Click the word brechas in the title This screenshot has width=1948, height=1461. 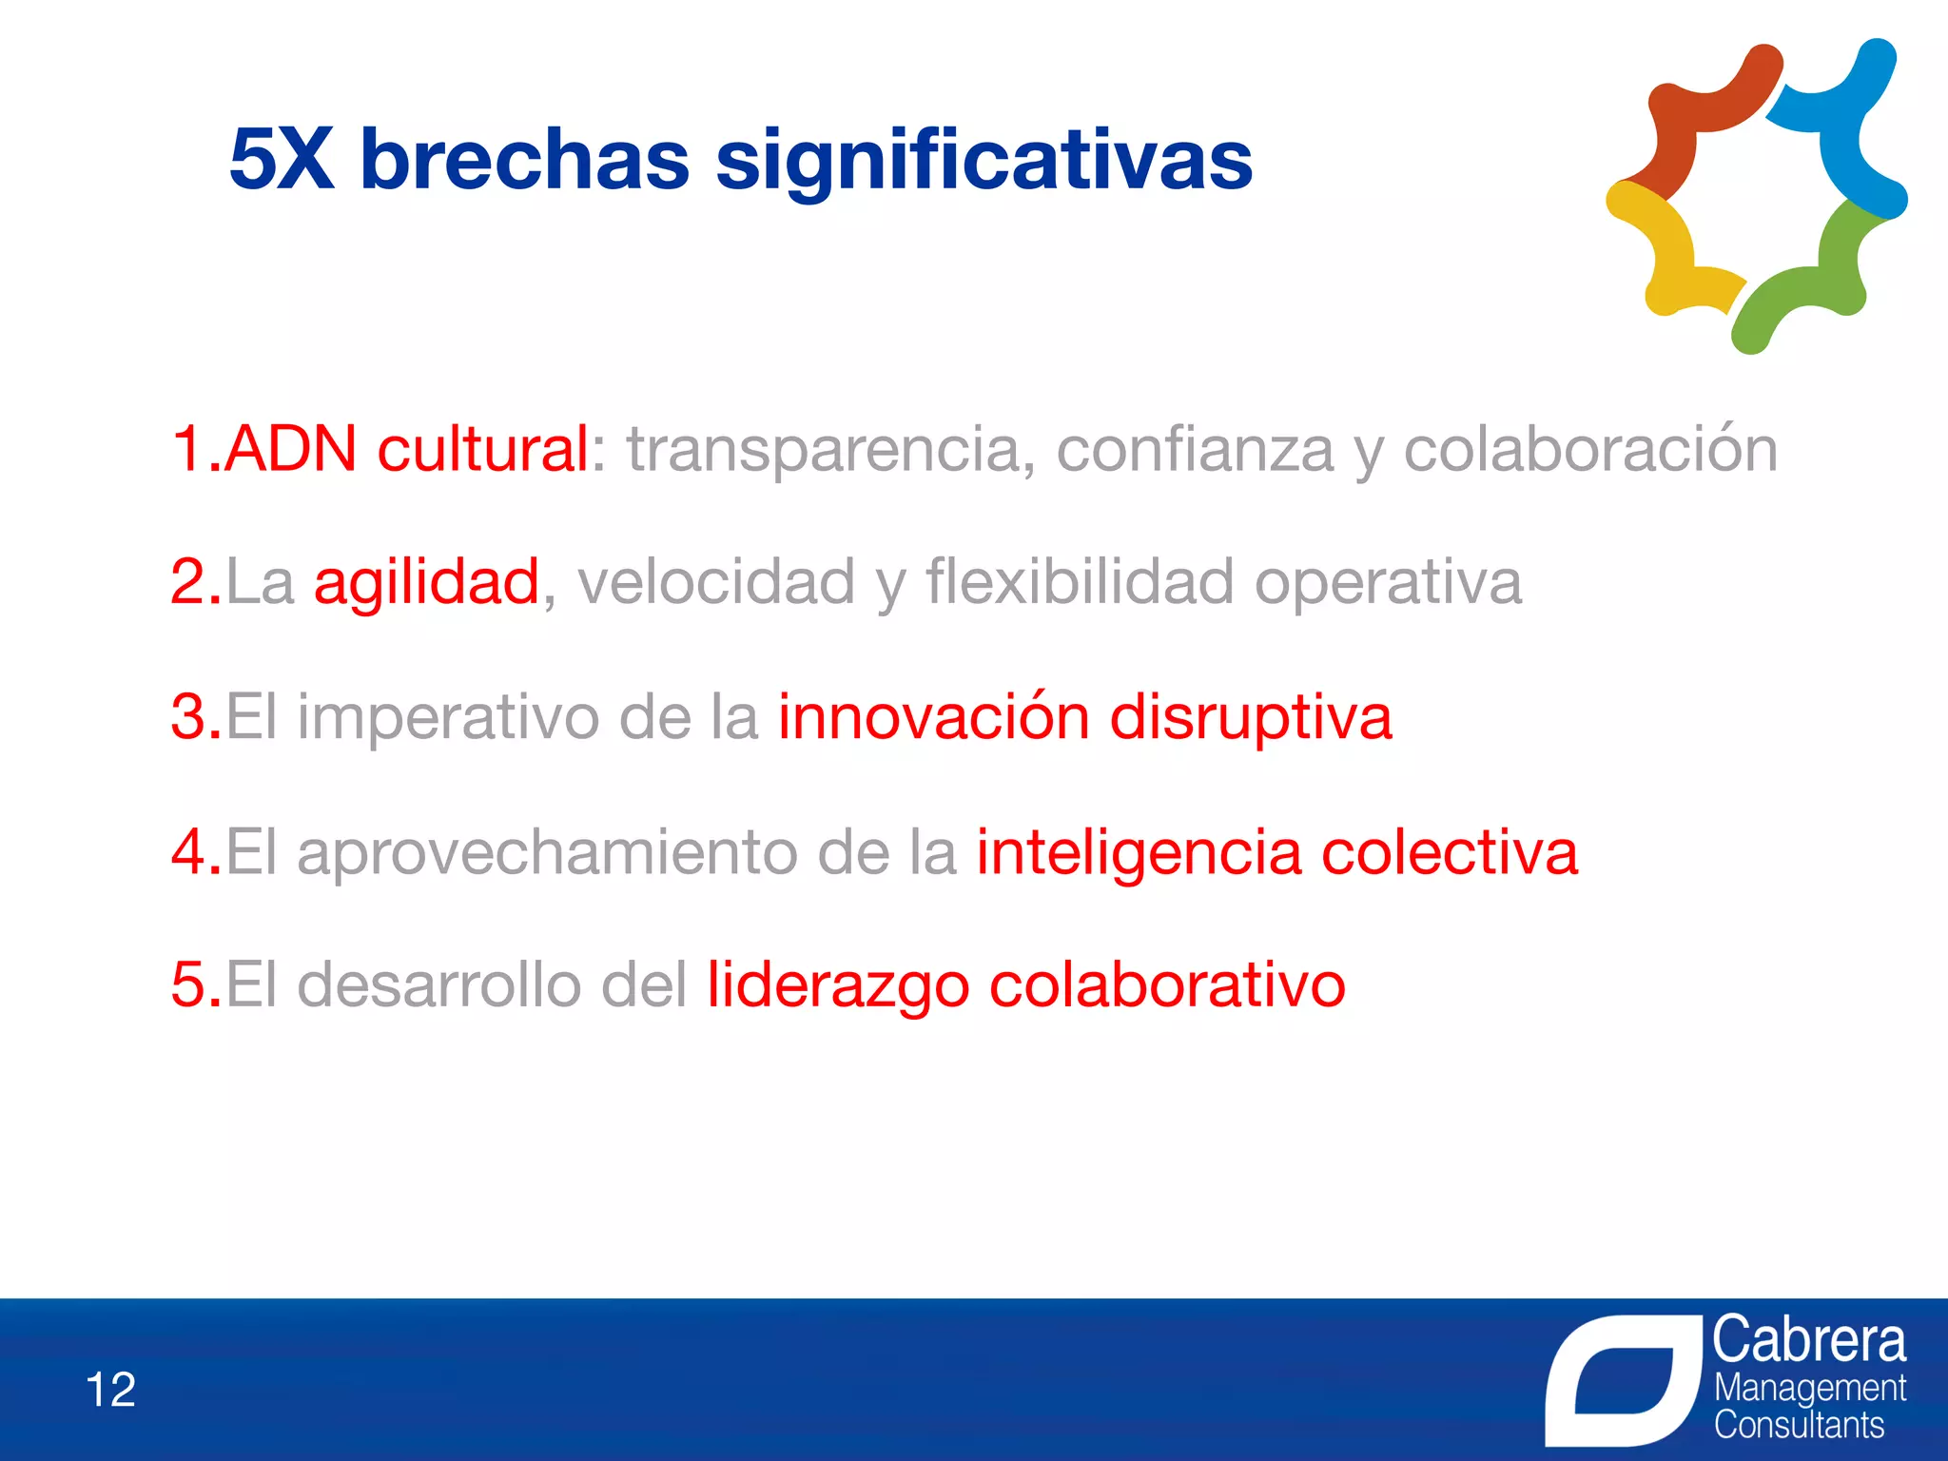(524, 159)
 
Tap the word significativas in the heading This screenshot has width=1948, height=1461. (984, 162)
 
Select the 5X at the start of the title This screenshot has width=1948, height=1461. (282, 159)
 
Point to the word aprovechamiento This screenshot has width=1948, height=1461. (547, 852)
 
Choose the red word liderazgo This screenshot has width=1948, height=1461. (837, 985)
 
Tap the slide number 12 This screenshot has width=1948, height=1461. (111, 1390)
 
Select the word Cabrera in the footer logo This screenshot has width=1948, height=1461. (1809, 1340)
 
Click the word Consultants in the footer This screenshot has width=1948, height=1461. (1799, 1426)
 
